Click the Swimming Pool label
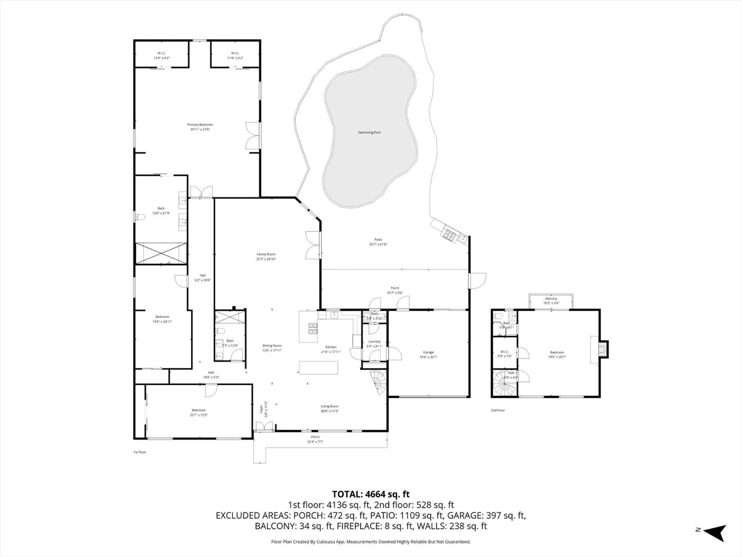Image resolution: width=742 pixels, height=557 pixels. coord(369,132)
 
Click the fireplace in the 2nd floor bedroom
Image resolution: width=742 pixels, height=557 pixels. coord(602,349)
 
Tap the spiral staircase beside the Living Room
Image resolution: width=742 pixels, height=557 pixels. coord(378,384)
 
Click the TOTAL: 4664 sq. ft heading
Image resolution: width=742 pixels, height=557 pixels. coord(371,494)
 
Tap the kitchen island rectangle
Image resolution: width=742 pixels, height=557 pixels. coord(319,368)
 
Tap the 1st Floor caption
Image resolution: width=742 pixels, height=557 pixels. coord(140,452)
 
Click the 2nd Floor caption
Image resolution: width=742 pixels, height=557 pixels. coord(498,410)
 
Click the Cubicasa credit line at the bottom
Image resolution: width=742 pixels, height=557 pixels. coord(371,542)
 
